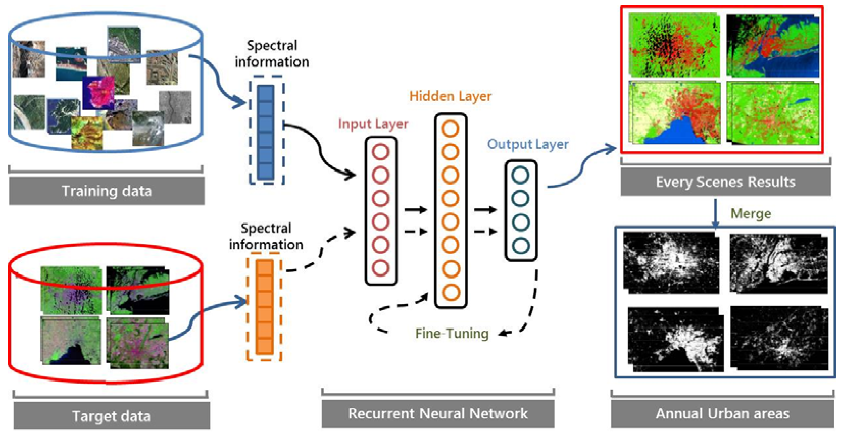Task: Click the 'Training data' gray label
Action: (107, 191)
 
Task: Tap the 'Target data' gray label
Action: (111, 416)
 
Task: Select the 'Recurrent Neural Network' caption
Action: (437, 413)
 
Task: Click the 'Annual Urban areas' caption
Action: (722, 413)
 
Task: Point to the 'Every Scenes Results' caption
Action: (726, 182)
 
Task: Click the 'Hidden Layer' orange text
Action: (450, 96)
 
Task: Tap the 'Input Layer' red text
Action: (373, 124)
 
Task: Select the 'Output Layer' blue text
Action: (528, 144)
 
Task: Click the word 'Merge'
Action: (751, 214)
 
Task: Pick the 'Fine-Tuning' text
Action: (452, 333)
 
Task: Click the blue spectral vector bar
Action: (265, 132)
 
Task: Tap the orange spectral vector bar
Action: (264, 307)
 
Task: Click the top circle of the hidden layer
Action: (450, 128)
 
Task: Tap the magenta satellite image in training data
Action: (99, 93)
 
